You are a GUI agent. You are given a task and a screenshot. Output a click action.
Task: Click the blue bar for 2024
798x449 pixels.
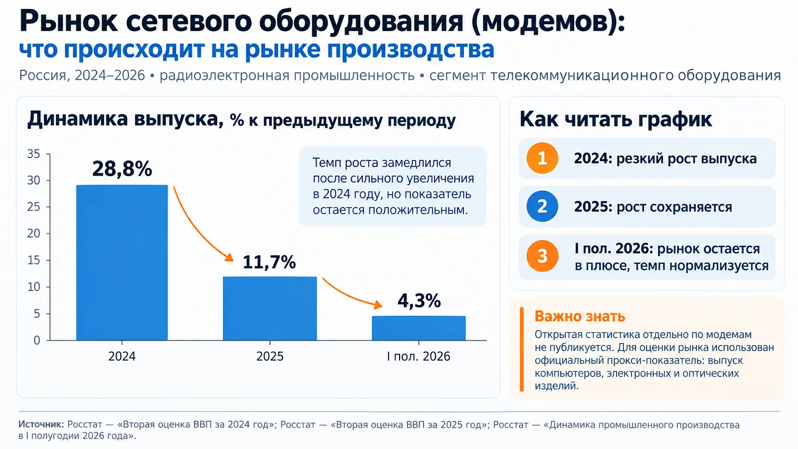pos(122,263)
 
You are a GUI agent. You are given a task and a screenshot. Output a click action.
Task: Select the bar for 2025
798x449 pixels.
pos(270,309)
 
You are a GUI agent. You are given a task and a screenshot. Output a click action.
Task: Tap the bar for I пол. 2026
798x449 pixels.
pos(419,328)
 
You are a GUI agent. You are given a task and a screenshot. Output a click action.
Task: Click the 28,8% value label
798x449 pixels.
pos(122,169)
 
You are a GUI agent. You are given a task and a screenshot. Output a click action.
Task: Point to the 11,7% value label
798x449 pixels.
pos(269,262)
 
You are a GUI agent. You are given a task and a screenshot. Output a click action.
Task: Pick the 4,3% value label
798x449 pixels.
pos(419,301)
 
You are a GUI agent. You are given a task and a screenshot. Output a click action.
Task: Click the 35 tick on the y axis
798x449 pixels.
pos(34,154)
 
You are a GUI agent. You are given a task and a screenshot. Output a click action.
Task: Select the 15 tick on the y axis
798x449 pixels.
pos(34,261)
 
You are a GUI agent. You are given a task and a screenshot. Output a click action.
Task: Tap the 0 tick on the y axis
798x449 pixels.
pos(37,340)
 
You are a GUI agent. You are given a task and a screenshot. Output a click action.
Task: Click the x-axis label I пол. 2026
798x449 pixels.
pos(419,356)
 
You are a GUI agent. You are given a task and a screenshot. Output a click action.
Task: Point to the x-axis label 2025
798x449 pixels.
pos(270,356)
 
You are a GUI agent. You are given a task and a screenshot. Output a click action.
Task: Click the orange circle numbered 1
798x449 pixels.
pos(542,158)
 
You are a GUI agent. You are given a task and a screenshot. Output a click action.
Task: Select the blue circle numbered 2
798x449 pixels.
pos(542,206)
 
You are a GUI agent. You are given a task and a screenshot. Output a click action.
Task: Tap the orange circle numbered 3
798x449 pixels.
pos(542,256)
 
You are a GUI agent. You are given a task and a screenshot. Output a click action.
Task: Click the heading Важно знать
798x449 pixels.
pos(580,317)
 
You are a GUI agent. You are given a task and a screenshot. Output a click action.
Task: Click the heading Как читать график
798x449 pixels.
pos(616,119)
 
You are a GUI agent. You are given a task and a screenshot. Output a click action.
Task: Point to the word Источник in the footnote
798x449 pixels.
pos(41,425)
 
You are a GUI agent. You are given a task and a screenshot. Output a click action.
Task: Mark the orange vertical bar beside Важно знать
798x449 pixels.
pos(522,349)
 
